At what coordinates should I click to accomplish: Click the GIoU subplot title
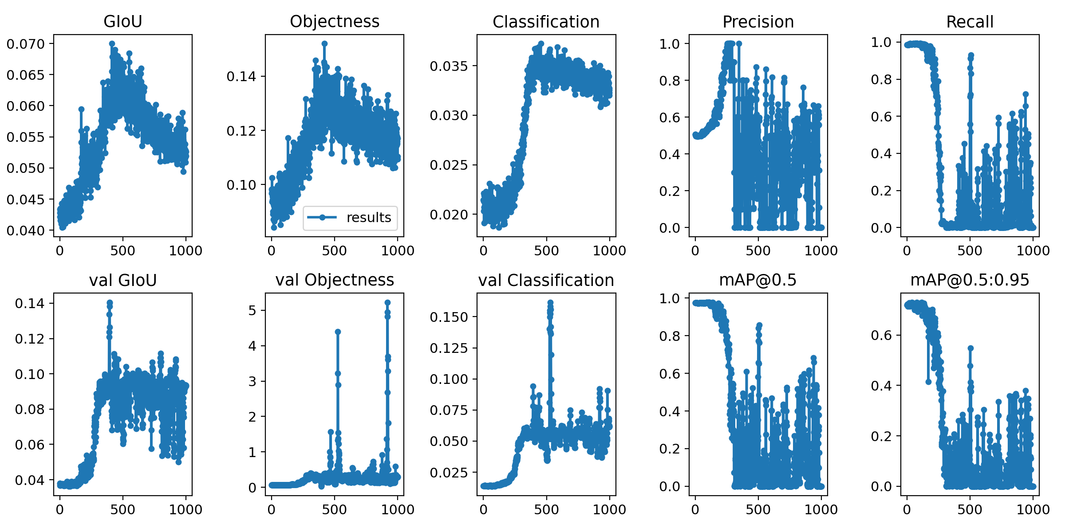click(122, 21)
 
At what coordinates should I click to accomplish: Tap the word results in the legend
click(368, 218)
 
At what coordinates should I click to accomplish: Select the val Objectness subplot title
click(335, 280)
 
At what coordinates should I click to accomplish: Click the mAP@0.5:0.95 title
click(970, 280)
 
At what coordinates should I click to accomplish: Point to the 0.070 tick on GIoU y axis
click(26, 44)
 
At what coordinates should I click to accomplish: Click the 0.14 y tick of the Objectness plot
click(241, 76)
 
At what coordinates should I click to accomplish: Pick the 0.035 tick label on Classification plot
click(449, 66)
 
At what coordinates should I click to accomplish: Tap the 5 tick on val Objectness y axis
click(252, 310)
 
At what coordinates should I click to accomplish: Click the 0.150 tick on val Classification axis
click(449, 317)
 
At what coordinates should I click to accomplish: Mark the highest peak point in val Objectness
click(387, 302)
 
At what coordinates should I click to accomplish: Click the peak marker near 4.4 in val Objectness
click(338, 332)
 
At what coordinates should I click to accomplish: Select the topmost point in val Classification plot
click(550, 302)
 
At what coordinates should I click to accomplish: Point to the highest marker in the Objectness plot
click(324, 43)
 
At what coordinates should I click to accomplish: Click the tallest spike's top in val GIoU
click(110, 302)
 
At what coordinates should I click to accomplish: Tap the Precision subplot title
click(758, 21)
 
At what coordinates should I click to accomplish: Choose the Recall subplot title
click(970, 21)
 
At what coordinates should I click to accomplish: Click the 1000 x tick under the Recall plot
click(1033, 251)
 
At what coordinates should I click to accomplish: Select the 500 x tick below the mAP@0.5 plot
click(758, 509)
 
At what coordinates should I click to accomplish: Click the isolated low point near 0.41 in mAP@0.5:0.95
click(928, 382)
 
